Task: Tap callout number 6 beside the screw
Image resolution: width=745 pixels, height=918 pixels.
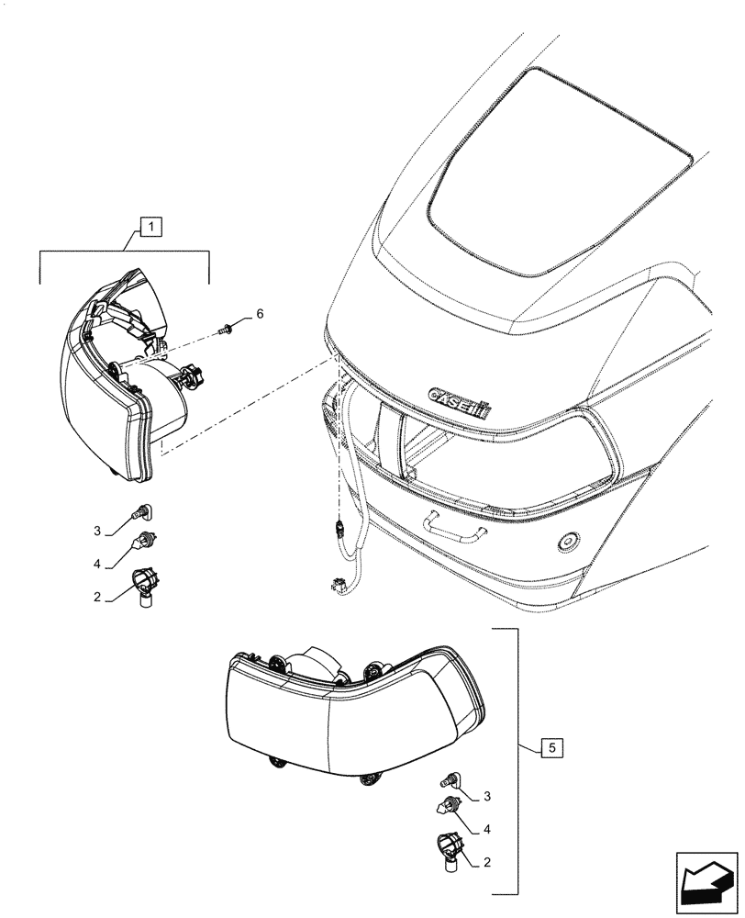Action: (x=260, y=314)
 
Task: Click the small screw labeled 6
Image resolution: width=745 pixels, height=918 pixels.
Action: (x=225, y=326)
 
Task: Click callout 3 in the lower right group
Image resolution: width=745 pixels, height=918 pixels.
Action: (x=486, y=796)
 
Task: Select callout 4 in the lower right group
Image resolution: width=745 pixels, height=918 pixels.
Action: (x=486, y=829)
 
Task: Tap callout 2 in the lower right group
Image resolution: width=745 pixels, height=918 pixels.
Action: (x=486, y=862)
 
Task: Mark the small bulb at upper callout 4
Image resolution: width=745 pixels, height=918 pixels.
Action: (x=144, y=542)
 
